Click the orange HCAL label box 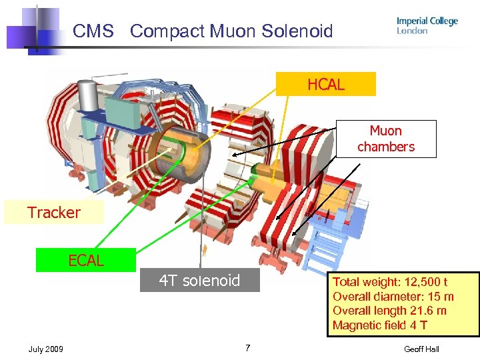pyautogui.click(x=326, y=85)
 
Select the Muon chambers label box pyautogui.click(x=386, y=139)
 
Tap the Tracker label pyautogui.click(x=54, y=213)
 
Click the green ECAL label pyautogui.click(x=86, y=261)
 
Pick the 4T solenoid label pyautogui.click(x=199, y=281)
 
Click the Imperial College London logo pyautogui.click(x=427, y=25)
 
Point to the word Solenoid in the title pyautogui.click(x=297, y=31)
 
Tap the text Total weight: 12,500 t pyautogui.click(x=390, y=282)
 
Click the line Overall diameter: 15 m pyautogui.click(x=393, y=297)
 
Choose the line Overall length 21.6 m pyautogui.click(x=389, y=311)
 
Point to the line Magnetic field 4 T pyautogui.click(x=379, y=325)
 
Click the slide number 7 pyautogui.click(x=247, y=348)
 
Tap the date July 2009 pyautogui.click(x=46, y=349)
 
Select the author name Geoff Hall pyautogui.click(x=421, y=349)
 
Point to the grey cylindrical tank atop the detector pyautogui.click(x=87, y=96)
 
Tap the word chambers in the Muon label pyautogui.click(x=386, y=147)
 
